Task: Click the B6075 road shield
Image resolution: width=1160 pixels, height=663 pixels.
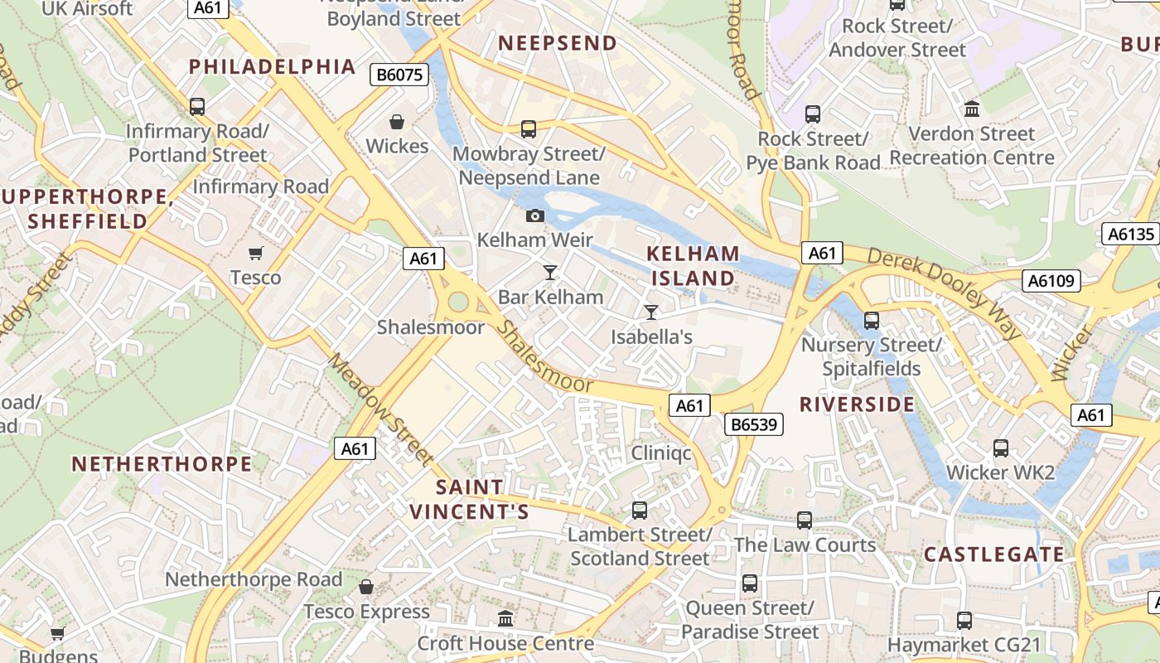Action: pos(399,75)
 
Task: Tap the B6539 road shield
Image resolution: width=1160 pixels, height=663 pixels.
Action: pos(754,425)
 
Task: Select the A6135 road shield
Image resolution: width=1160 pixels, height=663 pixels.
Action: pos(1131,235)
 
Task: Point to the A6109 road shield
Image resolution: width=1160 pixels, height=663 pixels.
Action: pos(1051,281)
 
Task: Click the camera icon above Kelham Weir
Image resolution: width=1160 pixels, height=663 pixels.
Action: pos(536,216)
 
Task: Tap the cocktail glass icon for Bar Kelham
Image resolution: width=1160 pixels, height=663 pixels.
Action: pos(549,273)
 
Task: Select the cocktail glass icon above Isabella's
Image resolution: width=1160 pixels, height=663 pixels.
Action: pos(651,312)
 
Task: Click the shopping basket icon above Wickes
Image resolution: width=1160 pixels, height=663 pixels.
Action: pos(397,123)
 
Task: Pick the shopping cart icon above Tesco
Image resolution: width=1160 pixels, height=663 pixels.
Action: pos(256,253)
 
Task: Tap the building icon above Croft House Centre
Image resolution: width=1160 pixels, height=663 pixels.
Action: pos(505,618)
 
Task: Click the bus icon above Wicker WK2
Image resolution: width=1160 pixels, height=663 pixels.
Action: pos(1001,448)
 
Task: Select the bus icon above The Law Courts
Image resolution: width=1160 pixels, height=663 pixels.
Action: pos(805,520)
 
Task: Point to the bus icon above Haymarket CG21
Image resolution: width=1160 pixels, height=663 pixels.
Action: pos(964,620)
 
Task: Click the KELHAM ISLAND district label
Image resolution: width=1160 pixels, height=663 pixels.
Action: pos(693,266)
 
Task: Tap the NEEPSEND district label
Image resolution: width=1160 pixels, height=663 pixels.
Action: pos(558,43)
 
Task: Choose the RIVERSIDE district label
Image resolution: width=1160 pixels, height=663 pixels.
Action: pos(857,404)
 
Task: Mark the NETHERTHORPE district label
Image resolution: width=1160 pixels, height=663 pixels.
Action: pos(162,464)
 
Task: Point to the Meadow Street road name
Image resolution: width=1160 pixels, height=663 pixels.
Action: pos(380,409)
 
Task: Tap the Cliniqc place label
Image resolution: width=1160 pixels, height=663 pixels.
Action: pos(661,452)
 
